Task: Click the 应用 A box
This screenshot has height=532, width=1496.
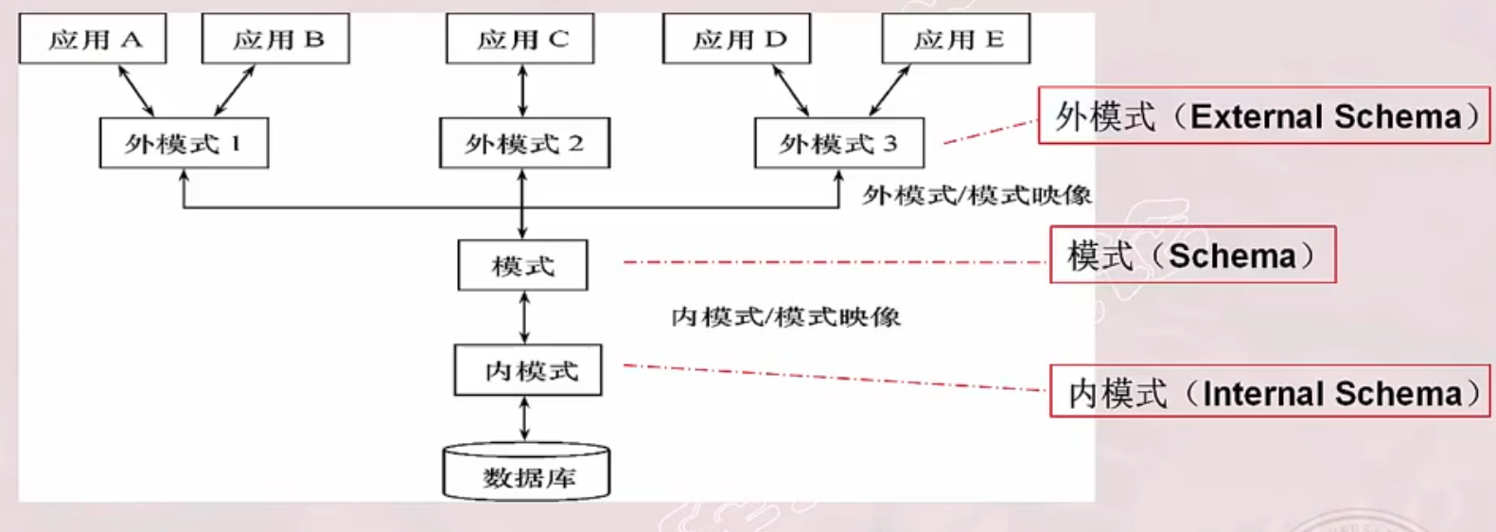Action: [x=93, y=39]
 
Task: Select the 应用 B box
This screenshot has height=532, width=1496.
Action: [x=275, y=39]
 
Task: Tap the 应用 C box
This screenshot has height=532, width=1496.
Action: [x=520, y=39]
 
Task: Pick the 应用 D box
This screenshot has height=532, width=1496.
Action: [x=736, y=39]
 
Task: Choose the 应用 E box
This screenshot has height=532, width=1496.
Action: [x=956, y=39]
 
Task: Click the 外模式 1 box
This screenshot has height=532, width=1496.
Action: [x=184, y=143]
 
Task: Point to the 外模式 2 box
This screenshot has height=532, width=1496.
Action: [x=524, y=143]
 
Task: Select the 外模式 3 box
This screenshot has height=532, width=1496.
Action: [x=838, y=143]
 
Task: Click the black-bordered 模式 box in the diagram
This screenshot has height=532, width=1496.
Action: [x=522, y=265]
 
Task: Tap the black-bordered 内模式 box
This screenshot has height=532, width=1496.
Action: [x=528, y=370]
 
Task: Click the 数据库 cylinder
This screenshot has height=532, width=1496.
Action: [x=526, y=472]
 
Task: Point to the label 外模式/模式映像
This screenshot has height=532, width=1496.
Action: [x=976, y=195]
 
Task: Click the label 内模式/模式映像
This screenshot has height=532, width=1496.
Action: [x=785, y=316]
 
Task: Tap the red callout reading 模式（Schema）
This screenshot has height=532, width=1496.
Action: [x=1192, y=256]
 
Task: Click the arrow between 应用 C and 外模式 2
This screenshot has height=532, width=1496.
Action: [x=522, y=91]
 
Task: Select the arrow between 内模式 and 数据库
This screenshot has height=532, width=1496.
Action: [x=525, y=418]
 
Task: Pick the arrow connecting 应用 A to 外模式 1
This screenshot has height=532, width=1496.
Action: [x=135, y=91]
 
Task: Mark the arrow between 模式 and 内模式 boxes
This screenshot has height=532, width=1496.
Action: [x=524, y=317]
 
